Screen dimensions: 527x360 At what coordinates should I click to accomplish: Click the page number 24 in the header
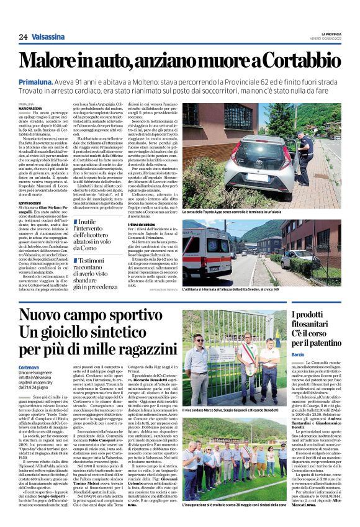click(x=23, y=37)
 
